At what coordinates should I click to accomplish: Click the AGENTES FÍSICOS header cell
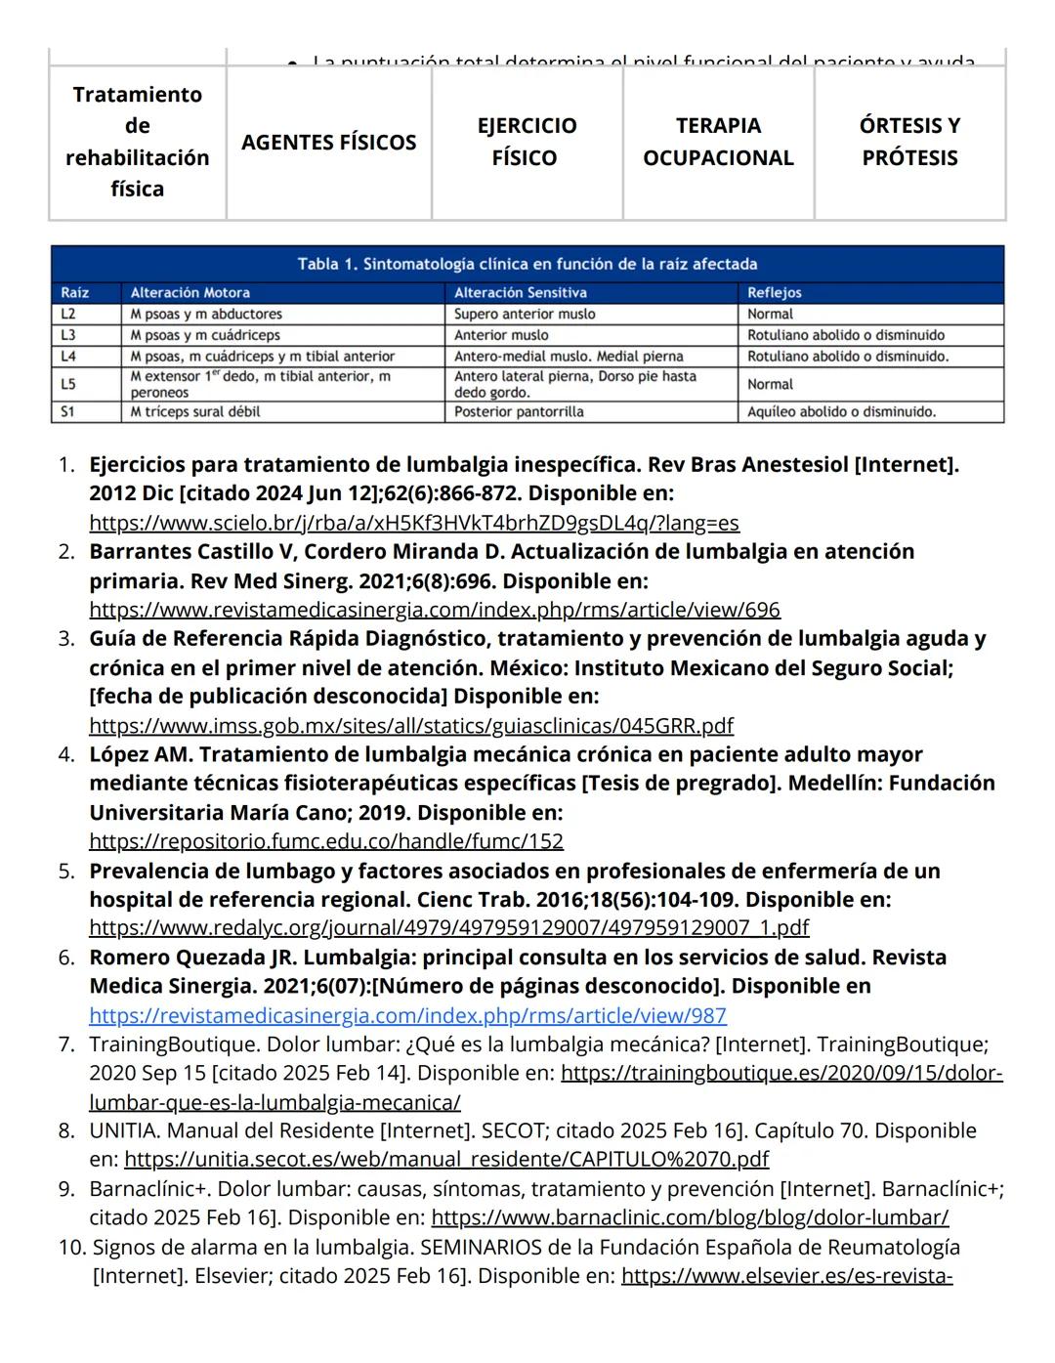point(328,143)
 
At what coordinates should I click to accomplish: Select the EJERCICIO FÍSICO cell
point(527,142)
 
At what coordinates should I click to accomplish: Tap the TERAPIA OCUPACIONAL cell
point(718,142)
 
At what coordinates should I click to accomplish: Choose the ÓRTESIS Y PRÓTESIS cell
point(909,142)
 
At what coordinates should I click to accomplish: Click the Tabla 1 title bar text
point(527,264)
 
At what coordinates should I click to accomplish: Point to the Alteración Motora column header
point(190,292)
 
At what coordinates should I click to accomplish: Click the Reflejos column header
point(775,292)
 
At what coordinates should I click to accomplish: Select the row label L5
point(68,384)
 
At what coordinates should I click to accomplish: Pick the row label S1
point(68,412)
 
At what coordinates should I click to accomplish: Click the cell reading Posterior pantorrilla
point(519,412)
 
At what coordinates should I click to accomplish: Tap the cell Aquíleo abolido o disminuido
point(841,412)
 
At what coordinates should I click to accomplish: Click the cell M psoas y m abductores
point(206,315)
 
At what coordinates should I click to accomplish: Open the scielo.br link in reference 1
point(413,523)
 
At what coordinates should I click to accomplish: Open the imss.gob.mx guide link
point(410,726)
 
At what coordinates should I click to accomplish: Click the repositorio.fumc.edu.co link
point(325,841)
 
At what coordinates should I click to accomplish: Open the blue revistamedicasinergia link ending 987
point(407,1016)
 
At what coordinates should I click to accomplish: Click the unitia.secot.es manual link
point(446,1160)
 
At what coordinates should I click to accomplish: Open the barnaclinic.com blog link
point(690,1218)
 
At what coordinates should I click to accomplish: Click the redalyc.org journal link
point(448,928)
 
